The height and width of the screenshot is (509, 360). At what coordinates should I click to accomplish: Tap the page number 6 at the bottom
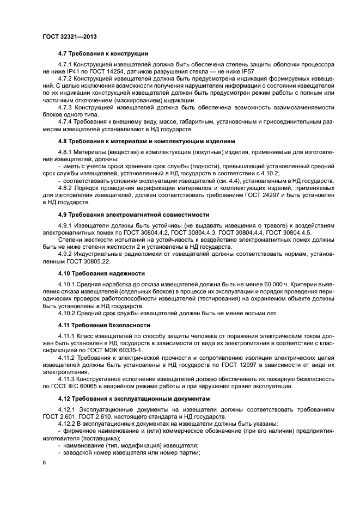44,462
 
